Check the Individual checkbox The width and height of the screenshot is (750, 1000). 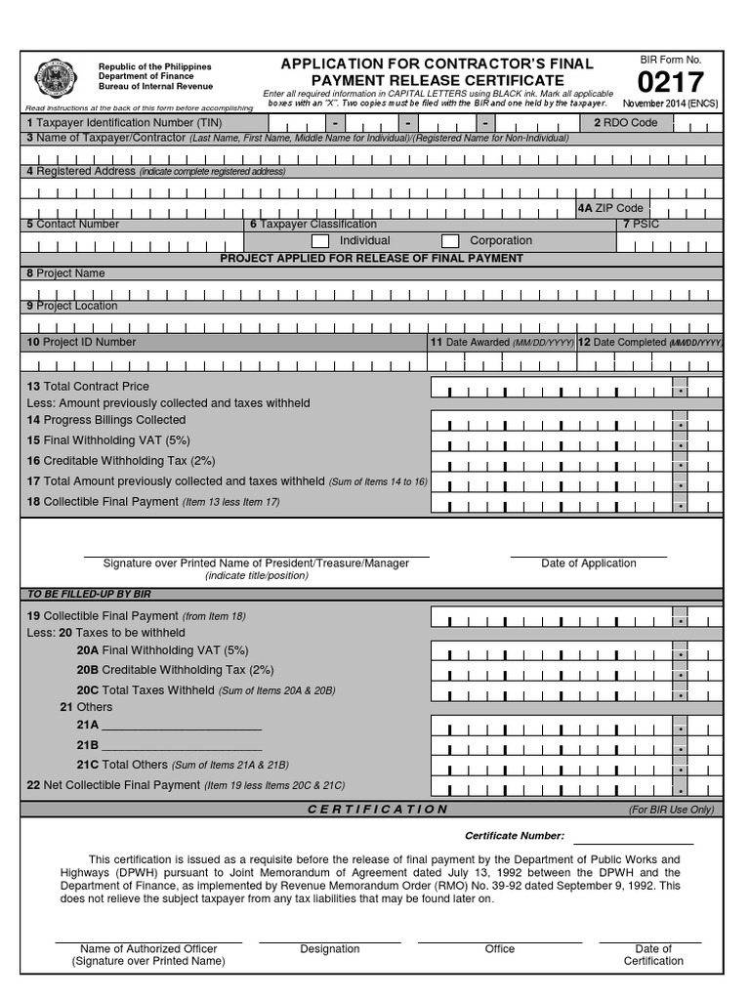(320, 241)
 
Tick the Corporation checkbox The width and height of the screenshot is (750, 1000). (450, 241)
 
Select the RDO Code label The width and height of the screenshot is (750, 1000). (626, 123)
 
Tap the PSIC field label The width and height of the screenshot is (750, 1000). (641, 225)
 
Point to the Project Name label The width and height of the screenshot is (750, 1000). (65, 273)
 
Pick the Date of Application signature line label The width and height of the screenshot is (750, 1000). (588, 563)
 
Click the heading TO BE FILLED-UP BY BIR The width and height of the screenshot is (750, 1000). (89, 594)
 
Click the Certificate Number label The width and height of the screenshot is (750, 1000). (514, 836)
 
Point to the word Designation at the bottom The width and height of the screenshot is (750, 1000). (330, 949)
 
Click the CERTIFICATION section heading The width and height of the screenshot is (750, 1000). (377, 810)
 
